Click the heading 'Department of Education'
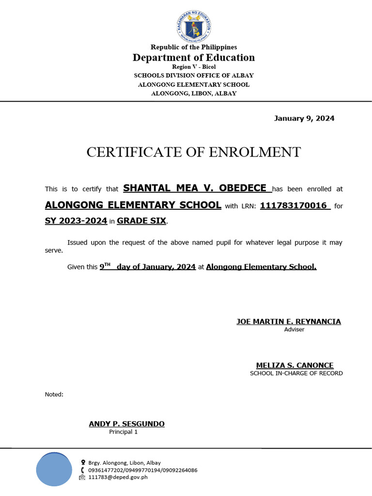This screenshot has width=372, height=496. click(194, 58)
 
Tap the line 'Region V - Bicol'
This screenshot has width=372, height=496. click(194, 67)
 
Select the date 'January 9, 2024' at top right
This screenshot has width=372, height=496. click(304, 118)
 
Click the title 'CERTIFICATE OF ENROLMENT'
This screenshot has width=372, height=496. click(194, 152)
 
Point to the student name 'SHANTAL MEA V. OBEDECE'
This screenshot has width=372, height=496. click(195, 188)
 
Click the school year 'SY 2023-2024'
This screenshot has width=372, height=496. click(76, 221)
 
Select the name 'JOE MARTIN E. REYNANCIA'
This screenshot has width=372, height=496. click(289, 322)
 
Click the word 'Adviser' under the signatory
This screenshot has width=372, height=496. click(294, 329)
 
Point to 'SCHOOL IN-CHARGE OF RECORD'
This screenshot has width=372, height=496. click(296, 373)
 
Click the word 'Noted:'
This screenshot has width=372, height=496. click(54, 394)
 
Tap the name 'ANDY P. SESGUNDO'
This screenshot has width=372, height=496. click(126, 424)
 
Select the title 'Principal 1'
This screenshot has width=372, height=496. click(123, 432)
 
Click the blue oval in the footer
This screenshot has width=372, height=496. click(53, 469)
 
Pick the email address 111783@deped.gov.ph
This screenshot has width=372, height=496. click(118, 477)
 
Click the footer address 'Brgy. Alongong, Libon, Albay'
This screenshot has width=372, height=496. click(124, 463)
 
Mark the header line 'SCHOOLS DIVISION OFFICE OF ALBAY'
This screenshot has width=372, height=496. click(194, 76)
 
